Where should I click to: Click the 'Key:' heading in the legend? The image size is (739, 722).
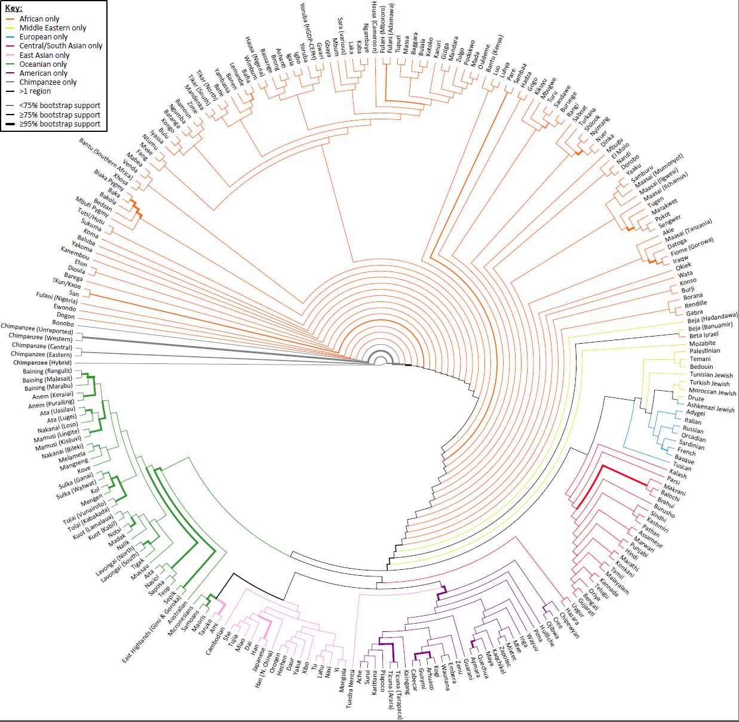[x=14, y=8]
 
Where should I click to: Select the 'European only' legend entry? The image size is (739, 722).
[x=43, y=37]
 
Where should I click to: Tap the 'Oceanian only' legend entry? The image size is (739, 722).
[x=43, y=64]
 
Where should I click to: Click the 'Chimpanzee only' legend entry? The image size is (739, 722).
[x=48, y=82]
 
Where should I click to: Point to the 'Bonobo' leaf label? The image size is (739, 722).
[x=63, y=323]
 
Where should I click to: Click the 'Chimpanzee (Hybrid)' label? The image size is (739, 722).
[x=42, y=363]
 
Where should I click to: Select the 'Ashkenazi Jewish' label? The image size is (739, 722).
[x=710, y=408]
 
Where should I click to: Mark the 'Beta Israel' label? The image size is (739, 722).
[x=704, y=335]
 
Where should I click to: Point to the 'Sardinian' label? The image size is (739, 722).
[x=691, y=445]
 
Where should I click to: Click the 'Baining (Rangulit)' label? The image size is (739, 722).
[x=47, y=371]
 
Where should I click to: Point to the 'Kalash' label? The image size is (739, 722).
[x=677, y=474]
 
